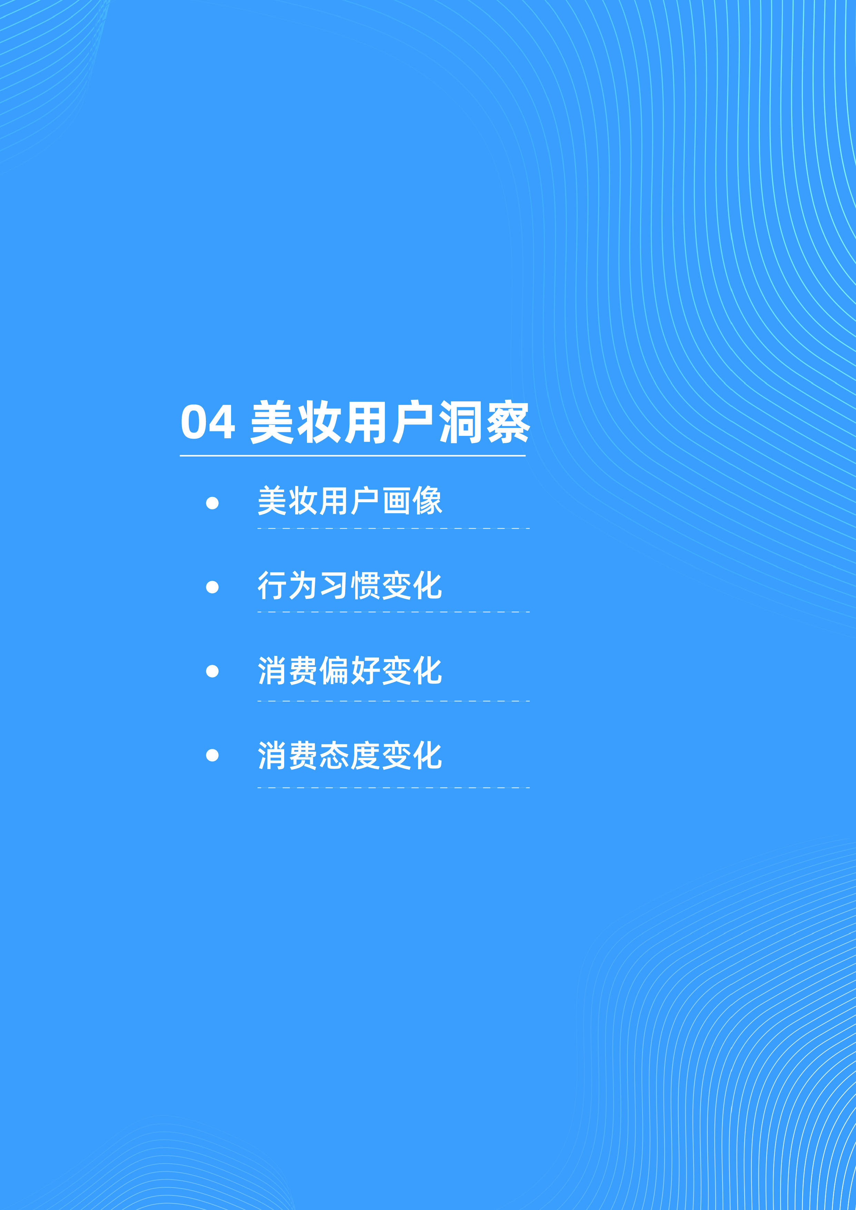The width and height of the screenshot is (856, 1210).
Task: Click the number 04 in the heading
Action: coord(208,422)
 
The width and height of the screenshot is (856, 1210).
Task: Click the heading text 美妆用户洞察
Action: coord(390,422)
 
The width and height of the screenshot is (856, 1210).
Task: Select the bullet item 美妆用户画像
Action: coord(349,501)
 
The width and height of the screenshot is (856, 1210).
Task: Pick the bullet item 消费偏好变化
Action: coord(349,671)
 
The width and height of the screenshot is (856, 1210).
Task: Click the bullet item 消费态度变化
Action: coord(349,756)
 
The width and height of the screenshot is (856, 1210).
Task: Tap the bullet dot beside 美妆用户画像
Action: coord(212,503)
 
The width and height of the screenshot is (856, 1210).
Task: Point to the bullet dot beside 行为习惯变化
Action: coord(212,587)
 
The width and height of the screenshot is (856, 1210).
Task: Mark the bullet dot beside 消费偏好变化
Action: coord(212,671)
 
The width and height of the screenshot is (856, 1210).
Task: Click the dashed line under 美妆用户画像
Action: coord(393,528)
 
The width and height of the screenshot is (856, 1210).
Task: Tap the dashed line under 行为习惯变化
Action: coord(393,612)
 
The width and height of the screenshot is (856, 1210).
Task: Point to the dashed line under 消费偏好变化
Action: coord(393,701)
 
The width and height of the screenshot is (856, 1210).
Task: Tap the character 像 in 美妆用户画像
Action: coord(427,501)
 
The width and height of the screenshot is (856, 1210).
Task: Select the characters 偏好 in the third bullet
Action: coord(349,671)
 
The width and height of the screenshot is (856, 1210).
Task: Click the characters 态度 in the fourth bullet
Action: coord(349,756)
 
